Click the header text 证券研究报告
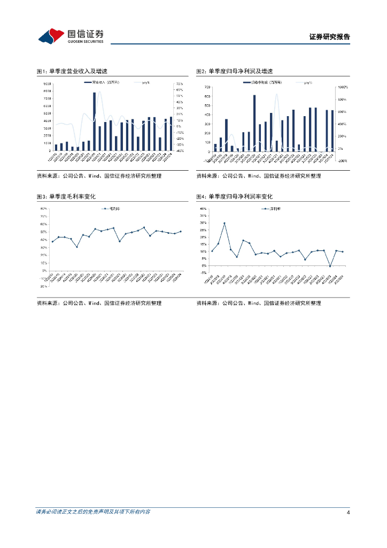click(329, 37)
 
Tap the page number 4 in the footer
click(348, 512)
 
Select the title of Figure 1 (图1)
click(75, 71)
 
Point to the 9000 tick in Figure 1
click(48, 84)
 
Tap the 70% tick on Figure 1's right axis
click(180, 84)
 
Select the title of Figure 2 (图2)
click(234, 71)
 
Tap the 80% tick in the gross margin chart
click(44, 209)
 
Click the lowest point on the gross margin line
click(77, 247)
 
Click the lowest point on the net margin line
click(330, 266)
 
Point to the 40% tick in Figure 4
click(203, 209)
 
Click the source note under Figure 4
click(259, 303)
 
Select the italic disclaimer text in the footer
click(93, 512)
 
